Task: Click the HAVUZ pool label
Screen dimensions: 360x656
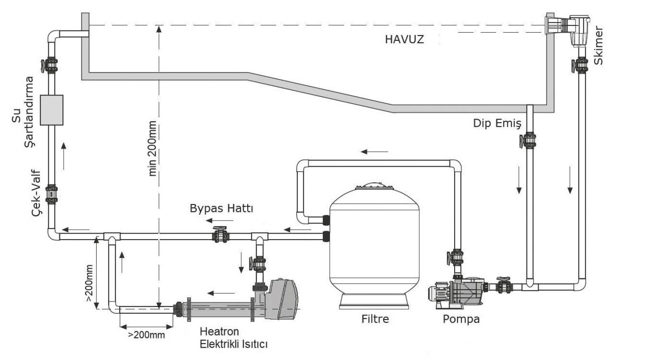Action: click(404, 39)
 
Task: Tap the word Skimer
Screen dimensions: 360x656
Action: click(598, 46)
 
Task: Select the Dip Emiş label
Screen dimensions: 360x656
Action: click(497, 123)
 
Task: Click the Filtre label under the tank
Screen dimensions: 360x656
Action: click(375, 318)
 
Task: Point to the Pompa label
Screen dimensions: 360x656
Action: click(461, 319)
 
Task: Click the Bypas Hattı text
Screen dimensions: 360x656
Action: click(221, 209)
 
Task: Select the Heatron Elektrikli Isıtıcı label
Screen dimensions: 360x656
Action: click(234, 338)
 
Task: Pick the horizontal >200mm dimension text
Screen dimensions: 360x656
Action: click(146, 335)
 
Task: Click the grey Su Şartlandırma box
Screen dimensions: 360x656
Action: click(51, 110)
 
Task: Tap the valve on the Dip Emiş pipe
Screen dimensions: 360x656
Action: click(529, 140)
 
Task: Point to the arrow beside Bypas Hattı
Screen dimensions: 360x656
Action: click(220, 220)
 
